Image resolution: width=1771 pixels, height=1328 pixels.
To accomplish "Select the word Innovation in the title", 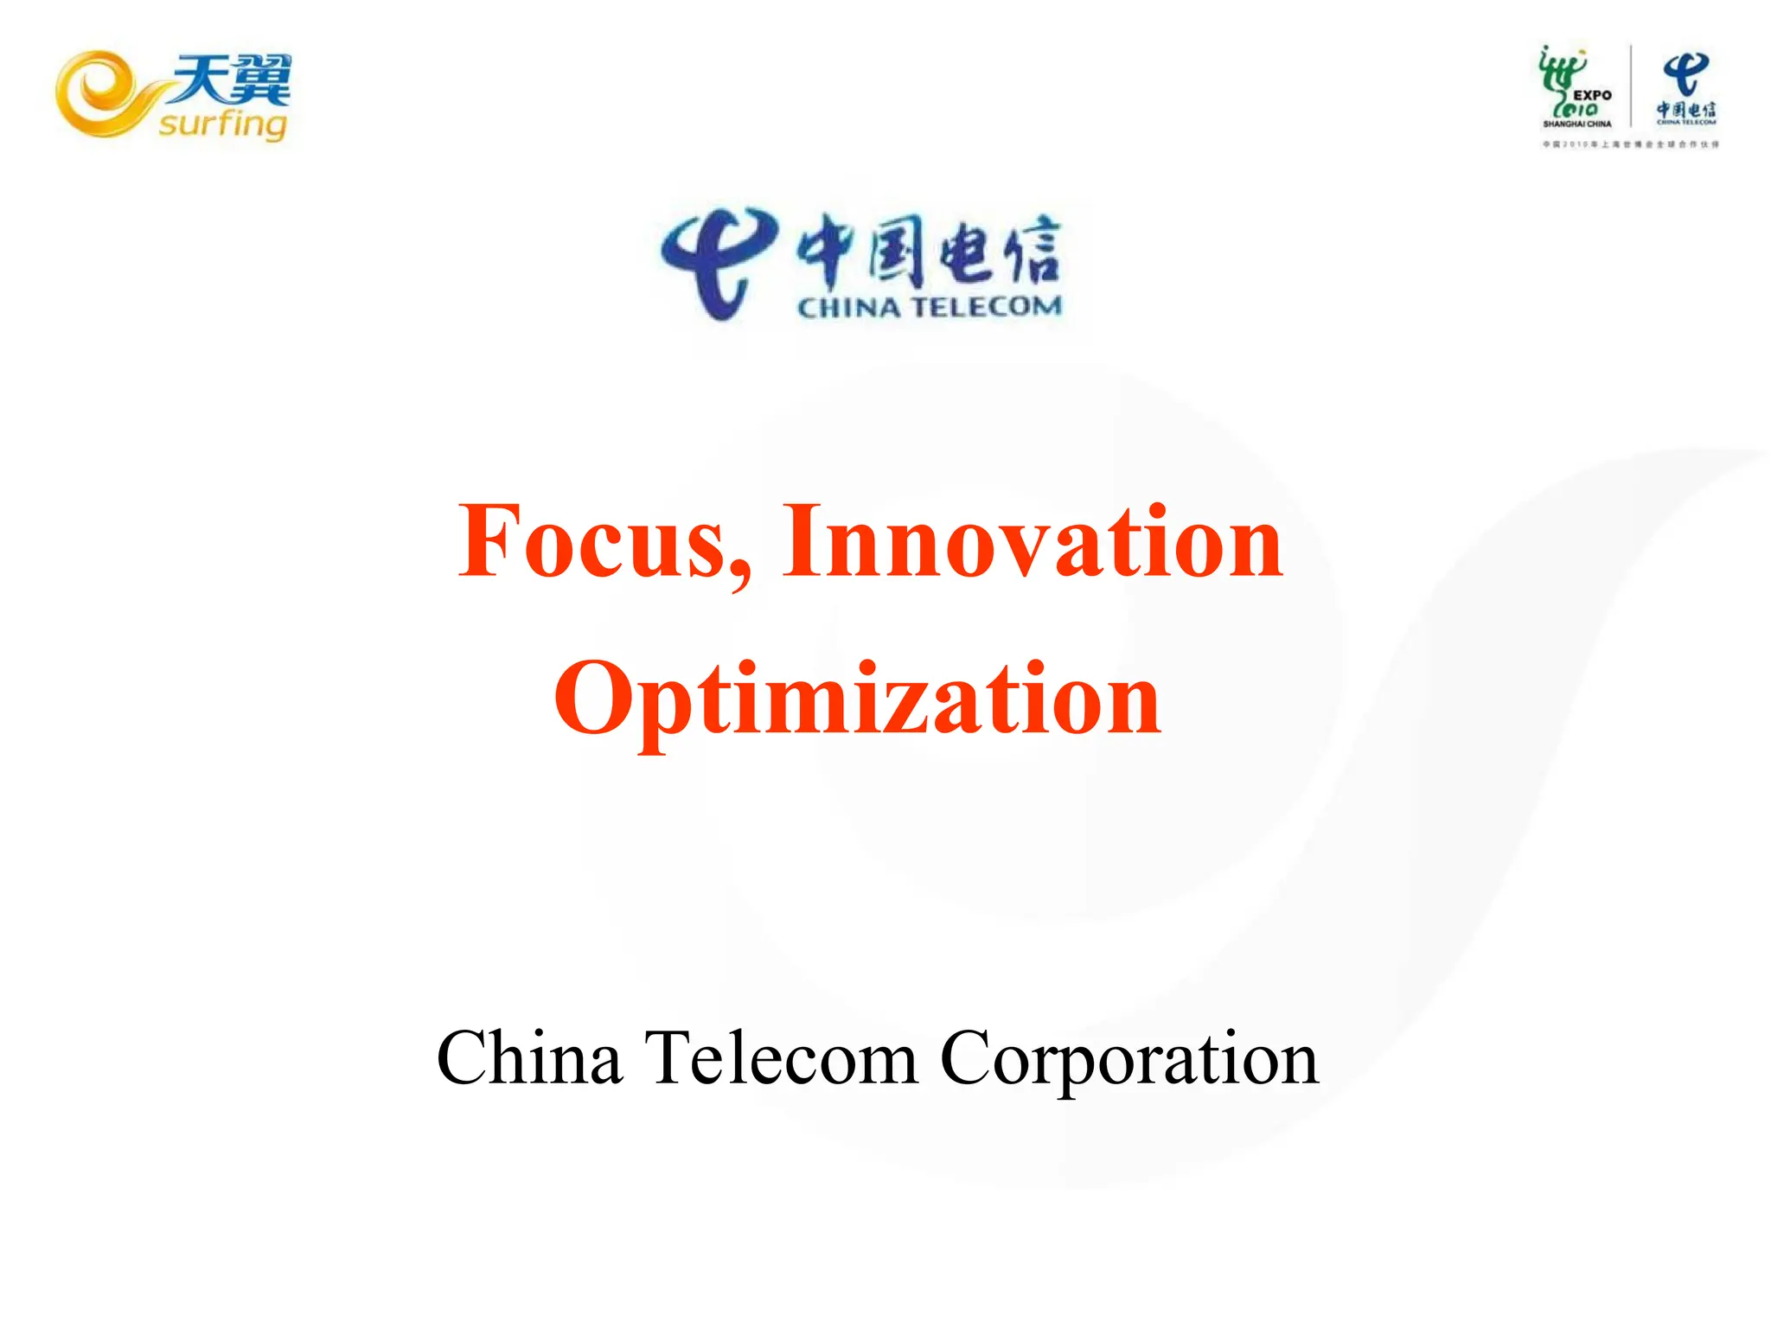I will pos(1033,542).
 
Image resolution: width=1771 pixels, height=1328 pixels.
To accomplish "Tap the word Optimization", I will pos(857,699).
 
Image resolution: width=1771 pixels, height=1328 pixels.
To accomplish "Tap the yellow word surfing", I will pos(222,124).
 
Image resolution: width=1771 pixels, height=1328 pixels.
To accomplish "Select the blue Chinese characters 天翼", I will pos(231,80).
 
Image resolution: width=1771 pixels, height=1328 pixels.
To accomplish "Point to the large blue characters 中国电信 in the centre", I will pos(928,250).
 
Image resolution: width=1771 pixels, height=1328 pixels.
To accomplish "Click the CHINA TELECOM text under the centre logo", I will pos(929,307).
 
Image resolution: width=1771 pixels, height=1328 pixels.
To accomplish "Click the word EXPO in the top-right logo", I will pos(1592,95).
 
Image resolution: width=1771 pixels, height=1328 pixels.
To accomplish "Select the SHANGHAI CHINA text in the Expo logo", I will pos(1577,124).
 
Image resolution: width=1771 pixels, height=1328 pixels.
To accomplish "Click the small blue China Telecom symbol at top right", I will pos(1686,74).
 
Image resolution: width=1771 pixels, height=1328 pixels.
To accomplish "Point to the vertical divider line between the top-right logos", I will pos(1631,86).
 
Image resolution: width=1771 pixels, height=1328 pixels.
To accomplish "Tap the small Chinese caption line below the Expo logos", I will pos(1631,144).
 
